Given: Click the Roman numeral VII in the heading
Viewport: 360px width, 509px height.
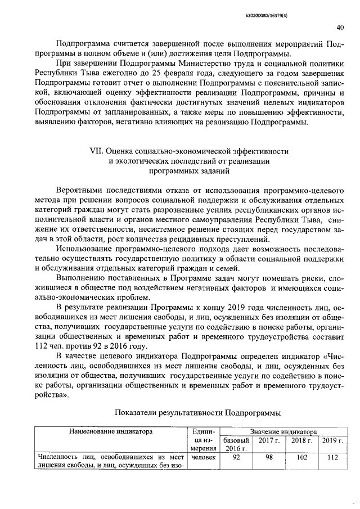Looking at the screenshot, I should (x=98, y=151).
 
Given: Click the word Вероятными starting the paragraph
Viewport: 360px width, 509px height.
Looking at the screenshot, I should (x=82, y=191).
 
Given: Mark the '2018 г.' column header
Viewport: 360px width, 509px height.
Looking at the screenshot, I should (x=301, y=439).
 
